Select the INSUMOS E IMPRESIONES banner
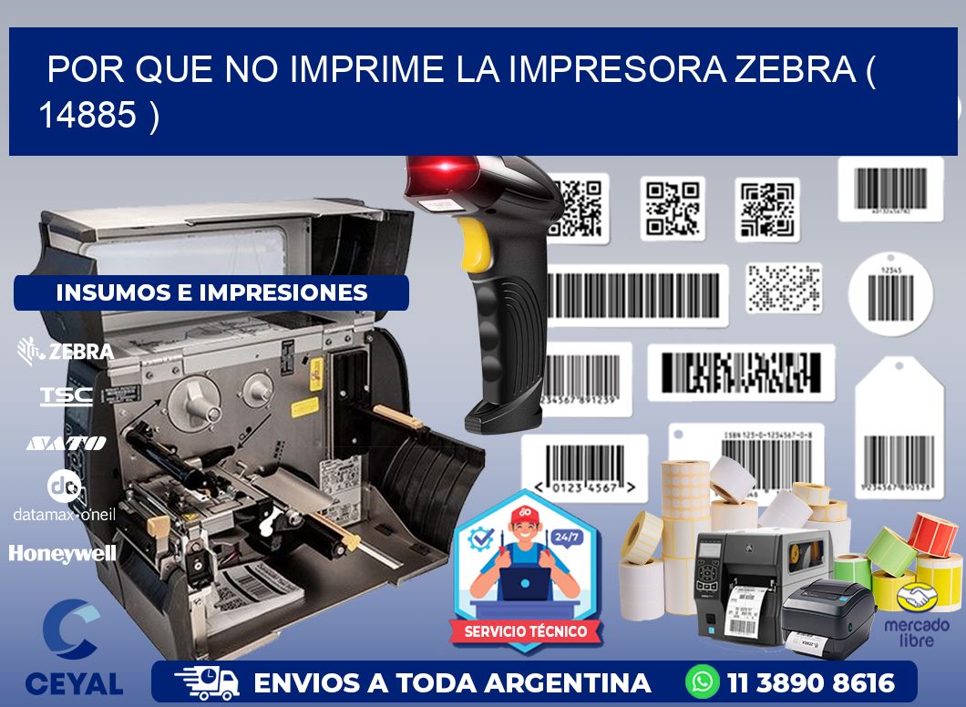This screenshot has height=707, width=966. [x=211, y=292]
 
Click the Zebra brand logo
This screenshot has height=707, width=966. [x=66, y=351]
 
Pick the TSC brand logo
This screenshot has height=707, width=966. [x=66, y=395]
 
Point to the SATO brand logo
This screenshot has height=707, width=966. [x=66, y=443]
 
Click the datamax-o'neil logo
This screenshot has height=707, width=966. [x=64, y=497]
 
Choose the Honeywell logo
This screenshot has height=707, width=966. [x=62, y=552]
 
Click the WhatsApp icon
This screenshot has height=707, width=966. [x=703, y=682]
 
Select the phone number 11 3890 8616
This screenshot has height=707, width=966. [x=811, y=682]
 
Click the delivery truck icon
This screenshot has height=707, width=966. [x=207, y=682]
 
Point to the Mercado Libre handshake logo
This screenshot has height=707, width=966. [x=916, y=598]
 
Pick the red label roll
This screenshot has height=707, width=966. [x=932, y=533]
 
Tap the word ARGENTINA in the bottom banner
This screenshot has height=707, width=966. [x=567, y=682]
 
